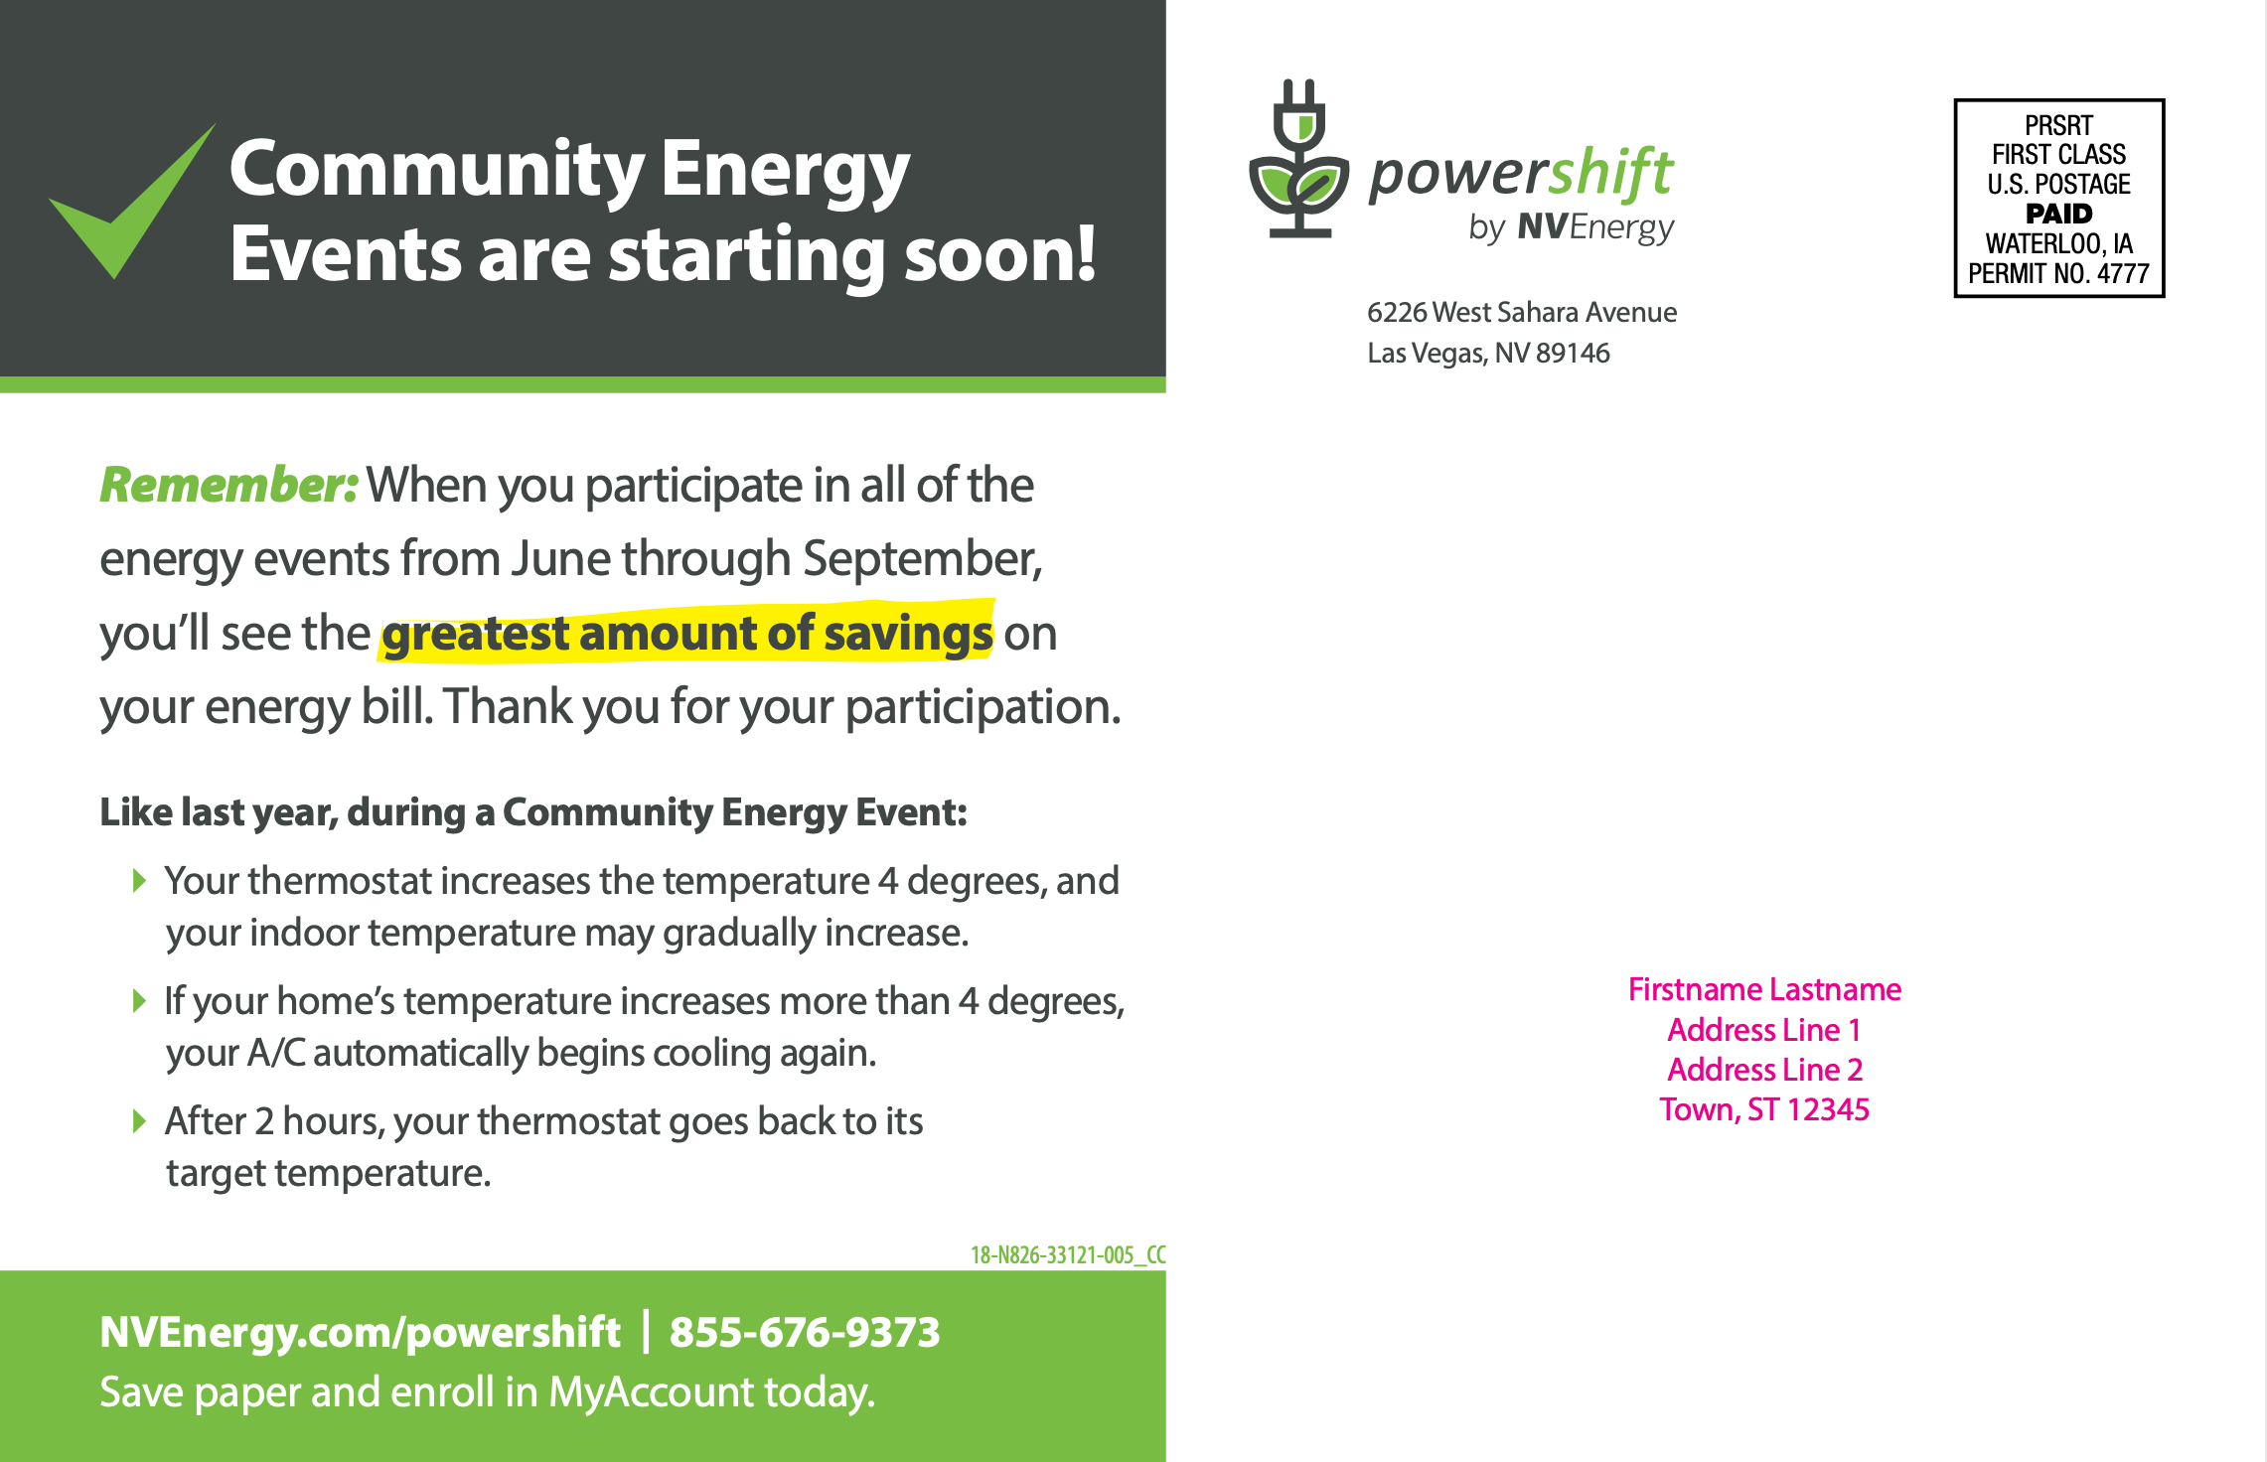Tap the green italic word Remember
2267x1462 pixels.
pos(227,485)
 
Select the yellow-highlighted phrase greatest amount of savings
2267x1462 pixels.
pos(687,633)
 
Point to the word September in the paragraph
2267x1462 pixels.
pos(922,559)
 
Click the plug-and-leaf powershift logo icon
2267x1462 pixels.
pos(1299,159)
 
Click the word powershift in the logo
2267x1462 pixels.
pos(1521,174)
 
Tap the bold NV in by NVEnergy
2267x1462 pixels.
pos(1542,227)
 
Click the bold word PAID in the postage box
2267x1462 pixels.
pos(2058,214)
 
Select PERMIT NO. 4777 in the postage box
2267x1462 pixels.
pos(2058,273)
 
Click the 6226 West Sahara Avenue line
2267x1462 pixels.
pos(1522,312)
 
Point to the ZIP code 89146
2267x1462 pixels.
pos(1573,353)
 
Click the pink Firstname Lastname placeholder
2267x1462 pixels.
pos(1764,989)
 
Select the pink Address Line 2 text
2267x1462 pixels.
pos(1764,1070)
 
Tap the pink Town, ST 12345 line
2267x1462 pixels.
pos(1764,1109)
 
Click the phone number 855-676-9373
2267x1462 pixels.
pos(805,1332)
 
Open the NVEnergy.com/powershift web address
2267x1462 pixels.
pos(360,1333)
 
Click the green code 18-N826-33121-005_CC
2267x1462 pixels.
pos(1068,1254)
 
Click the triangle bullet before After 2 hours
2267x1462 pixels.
pos(140,1121)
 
